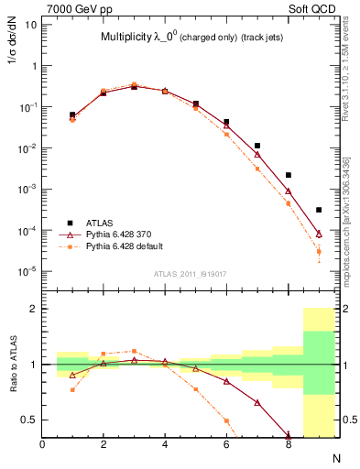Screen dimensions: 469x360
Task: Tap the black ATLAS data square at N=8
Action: pos(289,175)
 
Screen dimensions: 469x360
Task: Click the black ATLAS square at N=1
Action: pos(72,115)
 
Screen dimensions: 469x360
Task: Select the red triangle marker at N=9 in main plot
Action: pos(319,234)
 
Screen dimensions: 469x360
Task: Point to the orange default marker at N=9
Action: pos(319,251)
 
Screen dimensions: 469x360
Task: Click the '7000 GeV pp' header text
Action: pos(75,8)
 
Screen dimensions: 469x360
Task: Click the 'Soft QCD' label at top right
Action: pos(319,8)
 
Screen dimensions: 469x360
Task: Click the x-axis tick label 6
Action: pos(226,445)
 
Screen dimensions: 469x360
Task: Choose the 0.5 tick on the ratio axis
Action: pos(30,420)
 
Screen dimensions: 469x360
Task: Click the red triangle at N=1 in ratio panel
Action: pos(72,375)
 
